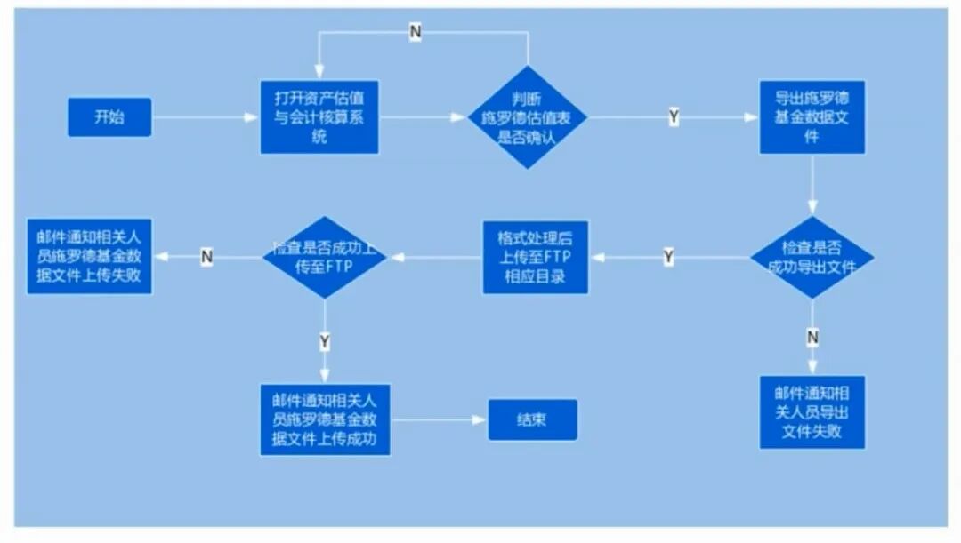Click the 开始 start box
tap(109, 117)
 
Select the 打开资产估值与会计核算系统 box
tap(320, 115)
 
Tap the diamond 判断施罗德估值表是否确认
tap(529, 117)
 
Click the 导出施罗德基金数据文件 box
tap(812, 116)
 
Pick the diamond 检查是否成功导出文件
tap(812, 258)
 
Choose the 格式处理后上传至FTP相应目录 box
tap(536, 258)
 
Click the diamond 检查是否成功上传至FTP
tap(325, 258)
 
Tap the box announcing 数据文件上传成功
tap(325, 419)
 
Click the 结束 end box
tap(532, 419)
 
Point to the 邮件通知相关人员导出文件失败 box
tap(812, 411)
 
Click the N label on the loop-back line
tap(416, 32)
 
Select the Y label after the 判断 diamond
tap(674, 117)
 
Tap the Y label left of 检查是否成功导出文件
tap(669, 258)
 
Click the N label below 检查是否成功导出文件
tap(812, 338)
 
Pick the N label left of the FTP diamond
tap(206, 258)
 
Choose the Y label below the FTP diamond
tap(325, 341)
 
